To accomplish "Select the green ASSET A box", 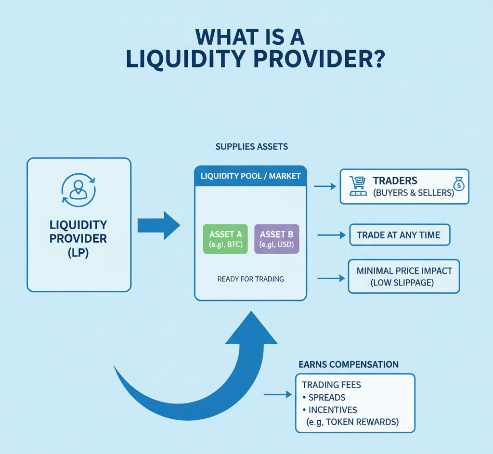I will (x=225, y=239).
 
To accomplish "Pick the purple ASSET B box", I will (x=276, y=239).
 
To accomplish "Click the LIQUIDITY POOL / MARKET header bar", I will (x=250, y=176).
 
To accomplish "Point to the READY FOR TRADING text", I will (x=250, y=279).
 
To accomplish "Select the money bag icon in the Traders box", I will (x=458, y=183).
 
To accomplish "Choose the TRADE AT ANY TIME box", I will (x=399, y=235).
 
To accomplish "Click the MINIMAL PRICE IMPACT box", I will (x=403, y=276).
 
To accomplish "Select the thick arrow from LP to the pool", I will (x=158, y=225).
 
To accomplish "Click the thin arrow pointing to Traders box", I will (x=325, y=186).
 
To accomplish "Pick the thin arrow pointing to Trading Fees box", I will (x=278, y=395).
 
